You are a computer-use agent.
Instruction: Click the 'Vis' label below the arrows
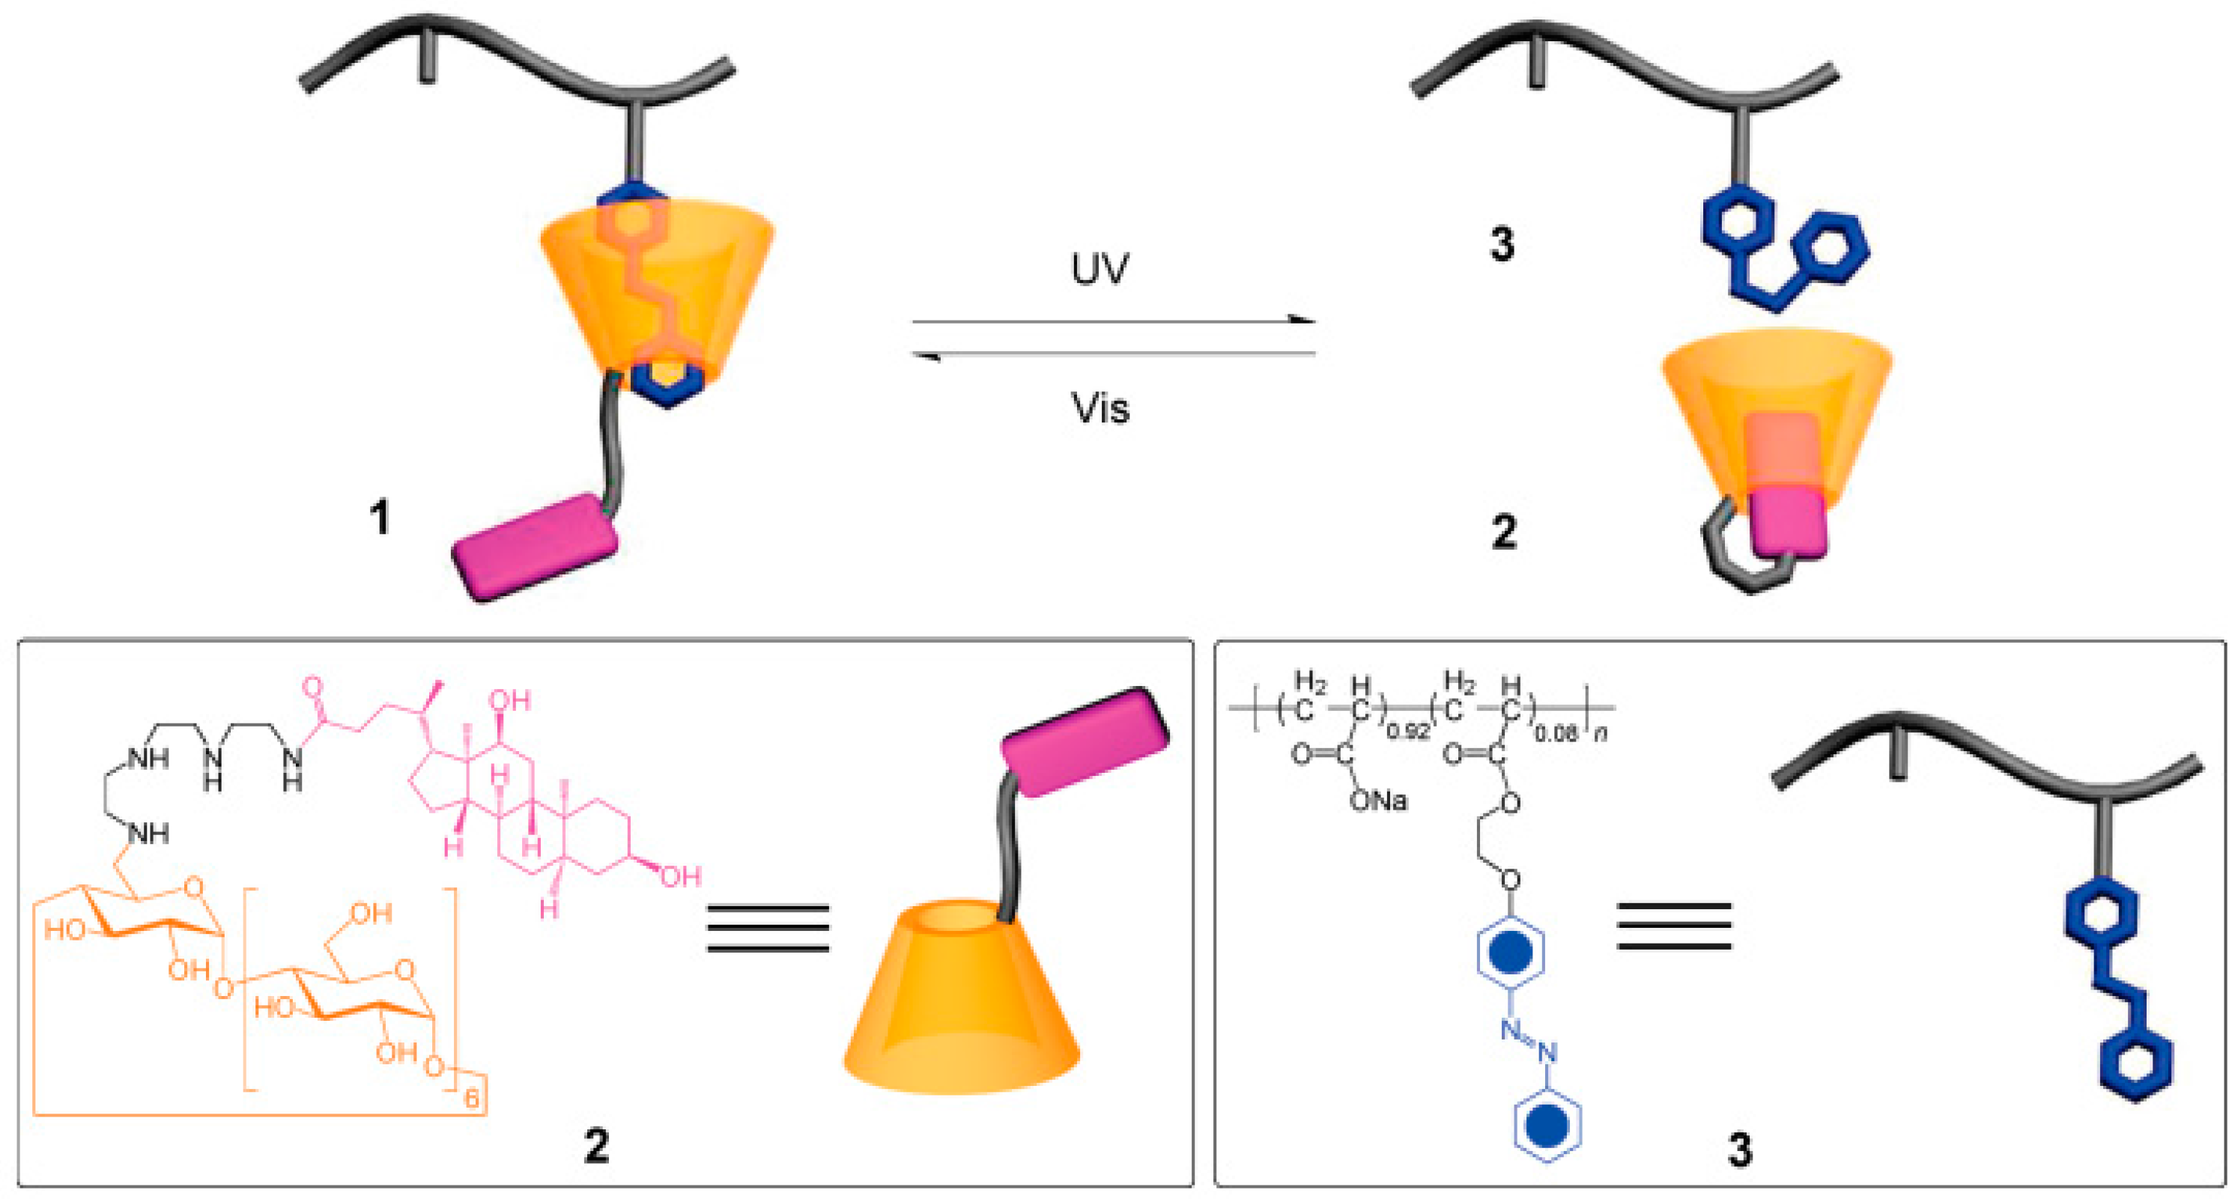(x=1100, y=408)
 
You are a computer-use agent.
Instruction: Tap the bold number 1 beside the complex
(x=379, y=518)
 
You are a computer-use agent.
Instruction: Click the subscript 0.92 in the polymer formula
(x=1408, y=732)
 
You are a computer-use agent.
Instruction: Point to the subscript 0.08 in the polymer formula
(x=1556, y=734)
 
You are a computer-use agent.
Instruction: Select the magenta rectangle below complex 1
(x=535, y=546)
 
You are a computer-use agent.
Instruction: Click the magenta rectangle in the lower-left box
(x=1085, y=741)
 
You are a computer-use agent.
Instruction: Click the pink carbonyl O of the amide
(x=312, y=690)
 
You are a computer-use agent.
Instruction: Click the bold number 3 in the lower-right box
(x=1740, y=1150)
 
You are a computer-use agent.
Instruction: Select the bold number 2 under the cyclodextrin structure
(x=596, y=1145)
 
